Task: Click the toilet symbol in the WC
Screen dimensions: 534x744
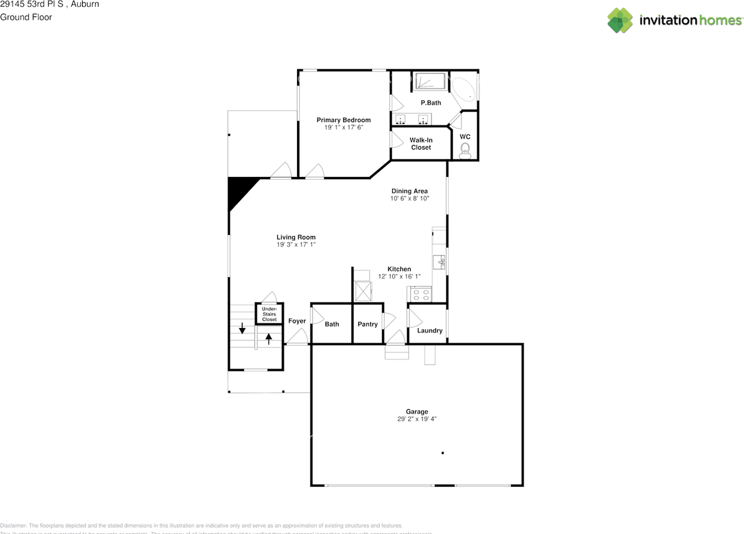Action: click(465, 152)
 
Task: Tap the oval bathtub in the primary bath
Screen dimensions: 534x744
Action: click(464, 90)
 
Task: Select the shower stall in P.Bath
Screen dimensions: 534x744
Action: click(429, 81)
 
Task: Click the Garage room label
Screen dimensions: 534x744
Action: click(417, 411)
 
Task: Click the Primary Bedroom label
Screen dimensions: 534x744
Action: click(344, 120)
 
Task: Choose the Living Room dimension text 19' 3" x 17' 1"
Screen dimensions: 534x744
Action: click(296, 245)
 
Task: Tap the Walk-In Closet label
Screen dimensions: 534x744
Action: click(421, 144)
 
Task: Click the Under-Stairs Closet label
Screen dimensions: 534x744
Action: click(269, 314)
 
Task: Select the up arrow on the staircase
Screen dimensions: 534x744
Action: click(269, 338)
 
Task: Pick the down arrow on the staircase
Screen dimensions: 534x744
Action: click(242, 329)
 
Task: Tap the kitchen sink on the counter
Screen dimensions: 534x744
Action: click(440, 262)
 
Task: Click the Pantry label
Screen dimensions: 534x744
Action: click(367, 324)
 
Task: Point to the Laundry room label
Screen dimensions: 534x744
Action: click(430, 330)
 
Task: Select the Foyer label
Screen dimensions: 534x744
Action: click(297, 321)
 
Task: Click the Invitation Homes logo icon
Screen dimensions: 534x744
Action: click(620, 20)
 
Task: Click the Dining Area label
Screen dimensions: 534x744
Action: click(409, 191)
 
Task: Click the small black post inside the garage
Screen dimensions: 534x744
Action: click(442, 453)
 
